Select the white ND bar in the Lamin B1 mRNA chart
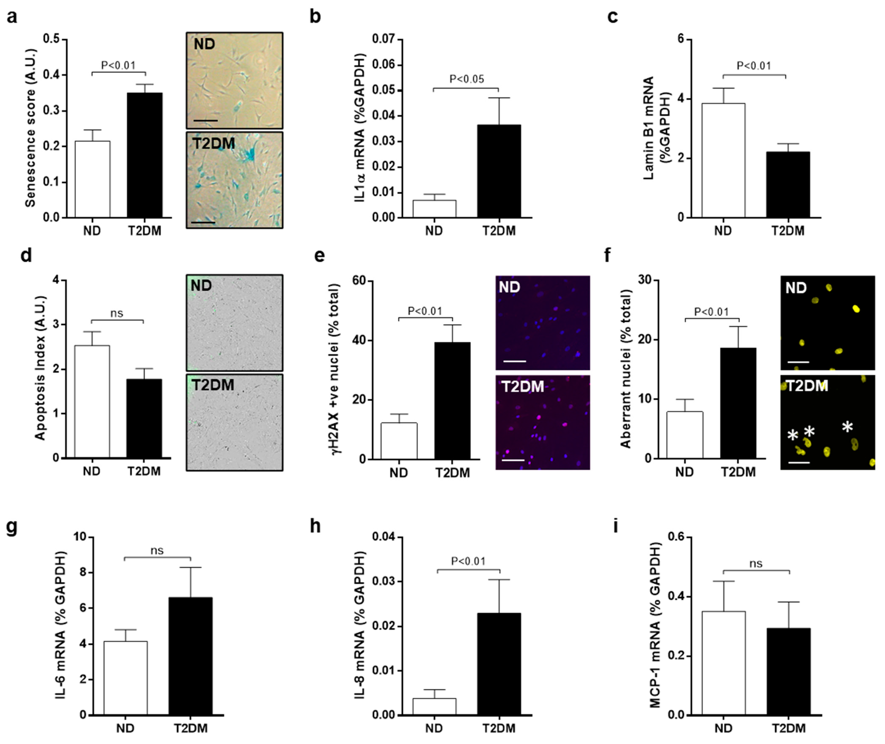[x=723, y=160]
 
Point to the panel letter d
[x=26, y=256]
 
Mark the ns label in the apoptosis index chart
[x=117, y=313]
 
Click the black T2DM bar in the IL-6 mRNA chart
[x=190, y=656]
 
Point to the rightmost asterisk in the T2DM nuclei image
[x=847, y=428]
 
